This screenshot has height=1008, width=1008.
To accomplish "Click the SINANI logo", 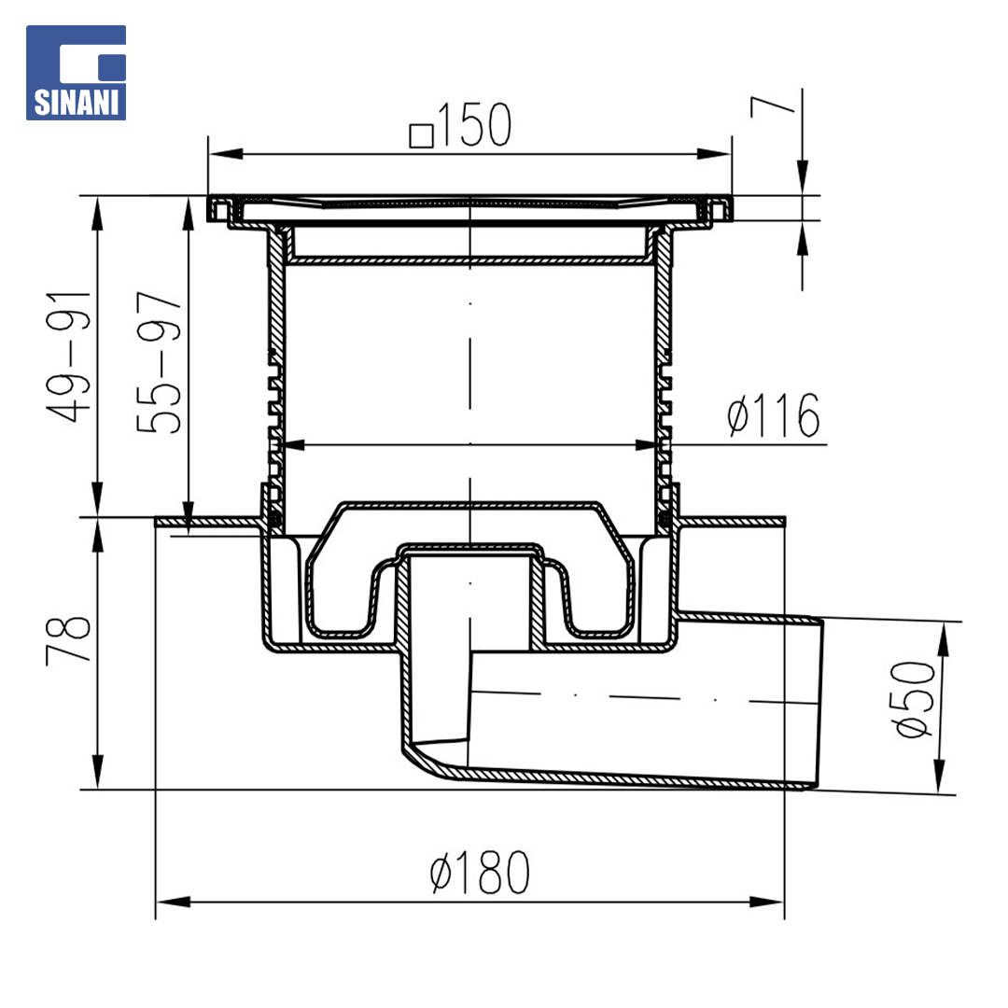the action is pyautogui.click(x=76, y=72).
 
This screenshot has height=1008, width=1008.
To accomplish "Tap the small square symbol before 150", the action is pyautogui.click(x=421, y=135).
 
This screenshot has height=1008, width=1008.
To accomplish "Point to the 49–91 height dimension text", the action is pyautogui.click(x=69, y=357).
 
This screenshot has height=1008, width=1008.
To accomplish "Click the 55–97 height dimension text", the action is pyautogui.click(x=160, y=362).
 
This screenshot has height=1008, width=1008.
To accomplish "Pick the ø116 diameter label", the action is pyautogui.click(x=774, y=415).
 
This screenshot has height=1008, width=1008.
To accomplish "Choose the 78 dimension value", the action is pyautogui.click(x=69, y=639).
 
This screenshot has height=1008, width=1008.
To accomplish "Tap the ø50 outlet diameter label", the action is pyautogui.click(x=913, y=699).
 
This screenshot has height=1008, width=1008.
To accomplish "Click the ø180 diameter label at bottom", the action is pyautogui.click(x=481, y=872).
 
